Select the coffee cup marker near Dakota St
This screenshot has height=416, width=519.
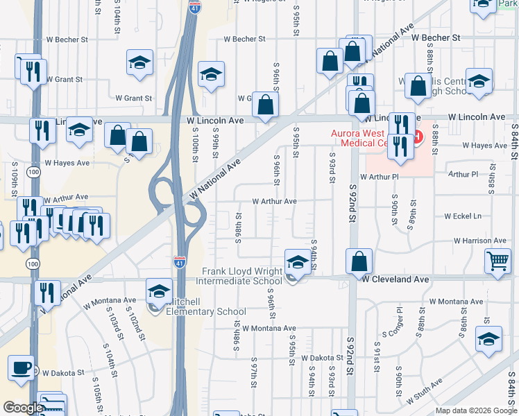tap(21, 367)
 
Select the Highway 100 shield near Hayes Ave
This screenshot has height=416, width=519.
tap(33, 171)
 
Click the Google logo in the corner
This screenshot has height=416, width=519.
tap(22, 408)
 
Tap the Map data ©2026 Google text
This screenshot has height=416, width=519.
tap(475, 410)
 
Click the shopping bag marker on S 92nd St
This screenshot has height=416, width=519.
tap(359, 261)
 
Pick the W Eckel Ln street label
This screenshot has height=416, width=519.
tap(463, 216)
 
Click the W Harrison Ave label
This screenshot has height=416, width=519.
tap(480, 241)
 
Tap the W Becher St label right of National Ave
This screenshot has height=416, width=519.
tap(436, 37)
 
